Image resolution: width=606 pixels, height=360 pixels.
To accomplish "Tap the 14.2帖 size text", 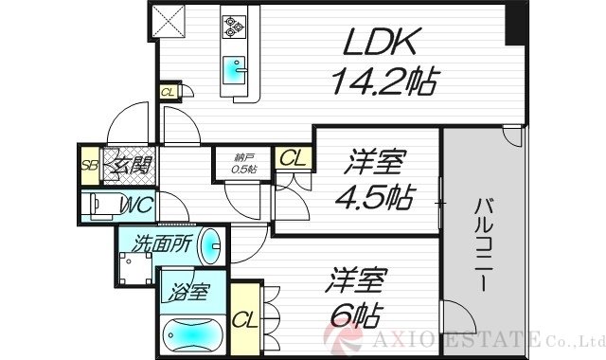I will [x=383, y=84].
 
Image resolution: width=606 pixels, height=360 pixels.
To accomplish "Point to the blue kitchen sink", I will [x=233, y=69].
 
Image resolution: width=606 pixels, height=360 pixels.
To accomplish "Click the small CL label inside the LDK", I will [x=168, y=93].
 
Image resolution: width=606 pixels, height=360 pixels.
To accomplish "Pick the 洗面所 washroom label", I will [x=163, y=243].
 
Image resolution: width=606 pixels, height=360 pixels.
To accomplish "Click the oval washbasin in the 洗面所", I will [x=214, y=247].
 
